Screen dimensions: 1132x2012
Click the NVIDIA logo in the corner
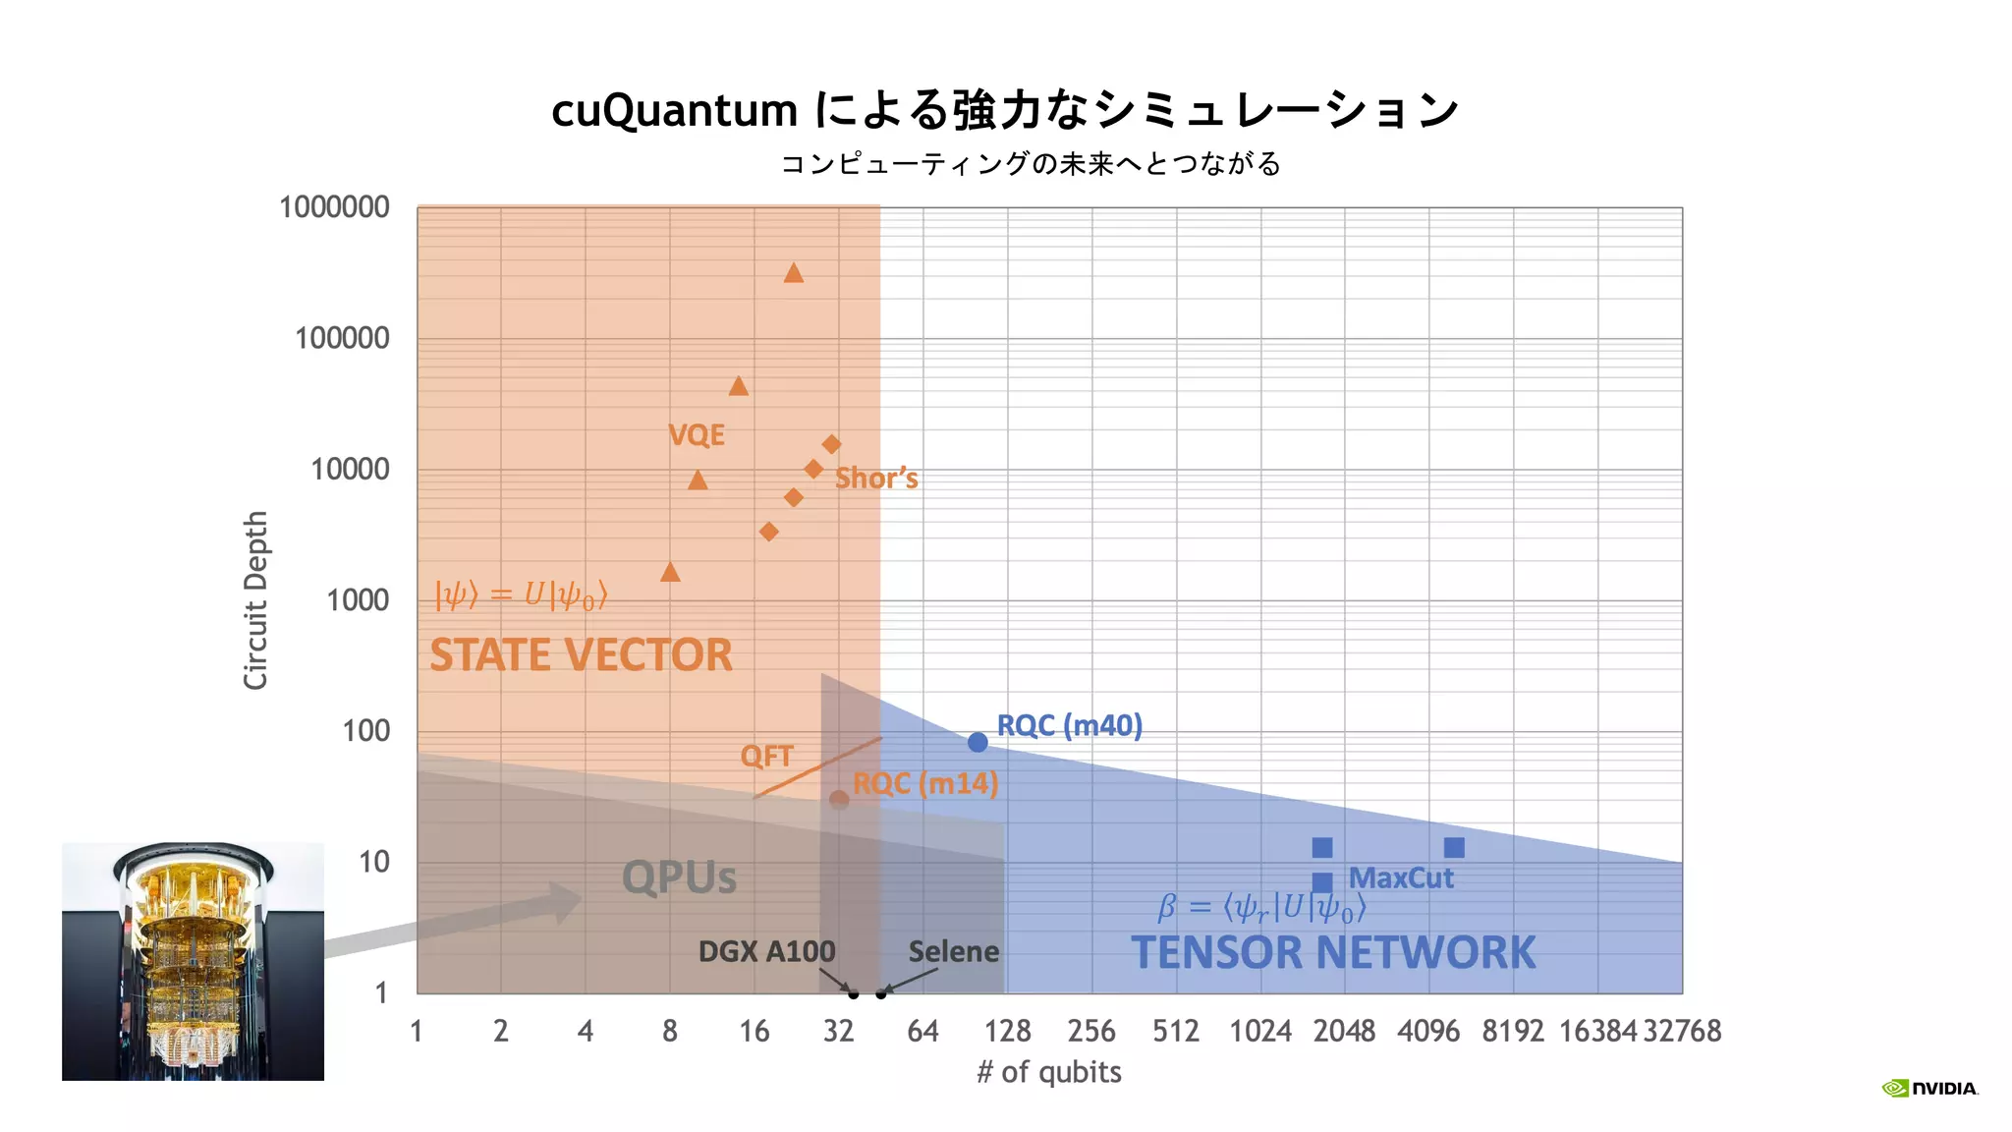click(1929, 1088)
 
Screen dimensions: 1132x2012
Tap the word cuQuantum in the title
click(674, 110)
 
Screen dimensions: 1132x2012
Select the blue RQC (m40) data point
click(978, 742)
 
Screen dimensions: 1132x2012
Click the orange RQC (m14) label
click(925, 783)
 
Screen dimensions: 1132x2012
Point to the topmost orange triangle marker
click(794, 273)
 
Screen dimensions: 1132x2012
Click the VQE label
click(697, 434)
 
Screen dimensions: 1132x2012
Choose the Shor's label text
click(876, 479)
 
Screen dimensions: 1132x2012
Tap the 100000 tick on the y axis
click(342, 338)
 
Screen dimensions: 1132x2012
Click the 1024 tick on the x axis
click(1260, 1031)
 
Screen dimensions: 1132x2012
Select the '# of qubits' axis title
click(1049, 1071)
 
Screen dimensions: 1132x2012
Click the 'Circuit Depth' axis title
click(255, 599)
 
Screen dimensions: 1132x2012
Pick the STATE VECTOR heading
click(581, 655)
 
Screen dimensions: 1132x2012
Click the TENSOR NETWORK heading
click(1333, 952)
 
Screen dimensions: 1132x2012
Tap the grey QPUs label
click(679, 877)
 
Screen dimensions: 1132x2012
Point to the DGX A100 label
click(766, 951)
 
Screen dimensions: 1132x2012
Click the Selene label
click(953, 951)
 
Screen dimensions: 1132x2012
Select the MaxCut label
click(1401, 877)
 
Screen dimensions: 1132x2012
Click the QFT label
click(766, 756)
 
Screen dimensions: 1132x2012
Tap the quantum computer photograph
click(193, 961)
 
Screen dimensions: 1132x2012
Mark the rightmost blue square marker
click(1454, 847)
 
